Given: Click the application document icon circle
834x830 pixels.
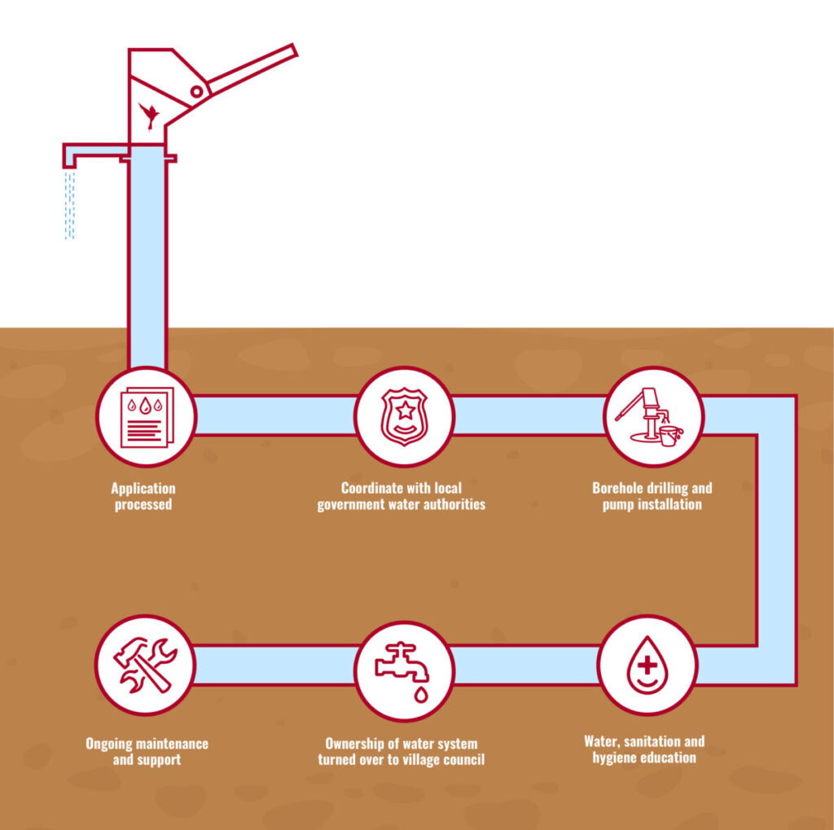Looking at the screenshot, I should (x=146, y=416).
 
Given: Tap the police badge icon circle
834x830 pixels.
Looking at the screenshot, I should (x=405, y=416).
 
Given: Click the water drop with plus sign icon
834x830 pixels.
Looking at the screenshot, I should (x=647, y=665).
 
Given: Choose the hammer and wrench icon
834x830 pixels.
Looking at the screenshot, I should (x=146, y=664).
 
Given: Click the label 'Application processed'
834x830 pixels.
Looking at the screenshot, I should (x=143, y=497).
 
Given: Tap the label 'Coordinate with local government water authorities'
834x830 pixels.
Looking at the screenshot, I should (x=401, y=497).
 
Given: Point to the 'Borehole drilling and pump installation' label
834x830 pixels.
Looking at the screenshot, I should (x=652, y=497).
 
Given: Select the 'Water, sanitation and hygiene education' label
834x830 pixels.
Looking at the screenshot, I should (x=644, y=749).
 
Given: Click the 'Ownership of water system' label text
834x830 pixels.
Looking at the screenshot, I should (x=401, y=744).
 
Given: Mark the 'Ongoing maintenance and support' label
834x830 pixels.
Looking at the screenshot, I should (x=147, y=752).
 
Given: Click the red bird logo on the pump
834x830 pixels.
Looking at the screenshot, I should (x=149, y=114).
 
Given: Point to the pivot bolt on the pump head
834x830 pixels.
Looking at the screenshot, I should (x=196, y=91).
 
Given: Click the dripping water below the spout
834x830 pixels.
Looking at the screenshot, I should (x=70, y=204).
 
